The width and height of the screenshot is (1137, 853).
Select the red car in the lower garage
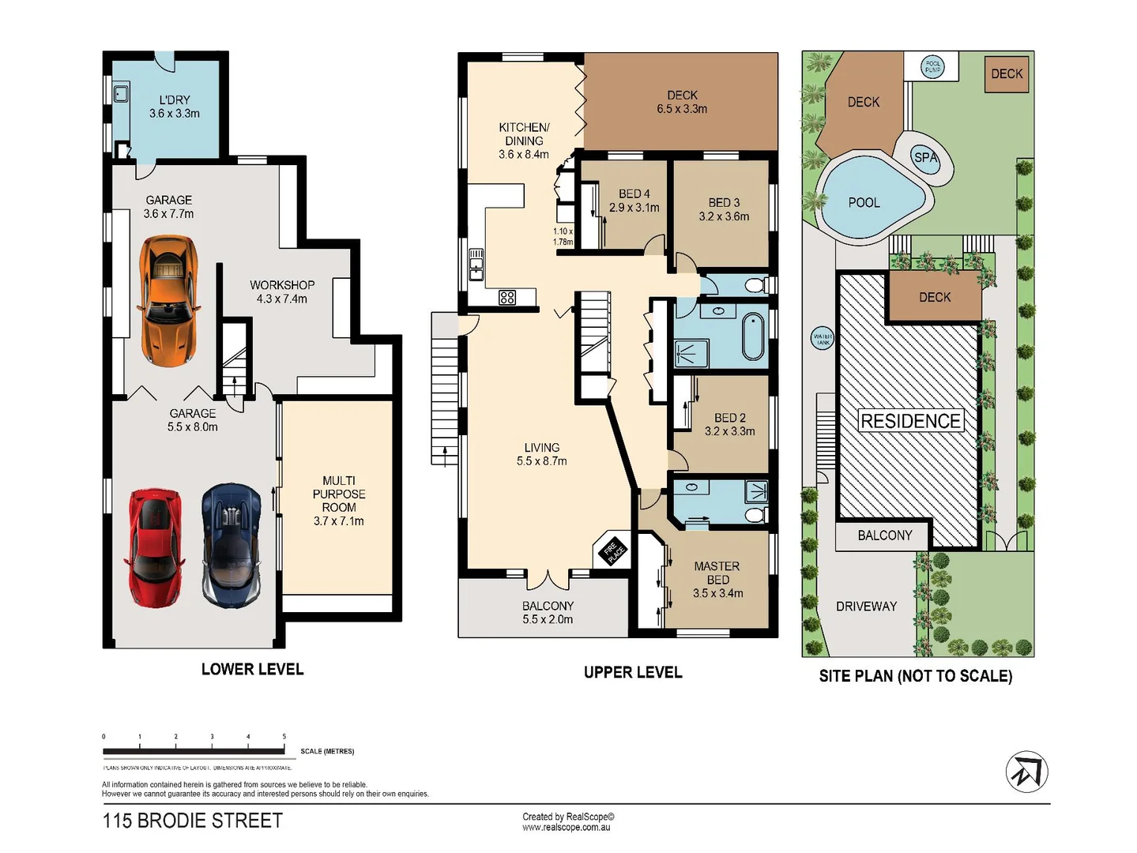click(x=155, y=547)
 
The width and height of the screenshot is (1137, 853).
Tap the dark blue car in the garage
click(x=231, y=545)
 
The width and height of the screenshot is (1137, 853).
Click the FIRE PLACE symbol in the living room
click(x=613, y=551)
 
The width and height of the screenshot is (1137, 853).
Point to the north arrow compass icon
click(x=1026, y=772)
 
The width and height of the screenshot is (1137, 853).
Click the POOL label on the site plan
click(x=864, y=203)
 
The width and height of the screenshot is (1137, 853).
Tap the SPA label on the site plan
click(x=925, y=157)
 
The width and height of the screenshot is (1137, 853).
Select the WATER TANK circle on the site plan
click(x=823, y=339)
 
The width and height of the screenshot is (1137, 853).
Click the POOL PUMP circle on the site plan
click(x=933, y=67)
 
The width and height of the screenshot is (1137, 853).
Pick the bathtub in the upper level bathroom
click(x=754, y=336)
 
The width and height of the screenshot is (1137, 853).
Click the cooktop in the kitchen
click(x=507, y=298)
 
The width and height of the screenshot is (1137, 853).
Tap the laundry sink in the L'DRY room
click(x=121, y=94)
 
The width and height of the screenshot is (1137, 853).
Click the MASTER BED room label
click(x=717, y=573)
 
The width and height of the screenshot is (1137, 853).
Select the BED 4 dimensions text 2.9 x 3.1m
click(x=634, y=208)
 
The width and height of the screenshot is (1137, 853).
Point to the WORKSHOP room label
click(x=282, y=285)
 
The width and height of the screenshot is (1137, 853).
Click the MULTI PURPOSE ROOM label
click(x=339, y=494)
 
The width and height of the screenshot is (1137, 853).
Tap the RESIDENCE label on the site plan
click(x=910, y=421)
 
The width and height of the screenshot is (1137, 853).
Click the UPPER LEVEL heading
click(x=633, y=672)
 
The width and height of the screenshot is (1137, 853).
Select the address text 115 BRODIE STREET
click(x=193, y=821)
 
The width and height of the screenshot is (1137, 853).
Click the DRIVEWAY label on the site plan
click(x=866, y=607)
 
